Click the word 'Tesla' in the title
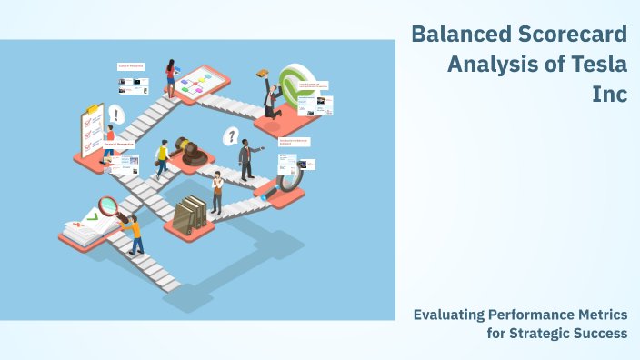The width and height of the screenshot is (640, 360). click(595, 64)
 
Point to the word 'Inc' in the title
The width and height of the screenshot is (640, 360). click(610, 94)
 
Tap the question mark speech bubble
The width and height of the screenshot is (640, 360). click(232, 136)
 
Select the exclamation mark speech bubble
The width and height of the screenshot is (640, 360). click(116, 115)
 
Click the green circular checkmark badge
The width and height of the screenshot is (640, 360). click(294, 85)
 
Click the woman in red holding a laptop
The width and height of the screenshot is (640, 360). click(170, 77)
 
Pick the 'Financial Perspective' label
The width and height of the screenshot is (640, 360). click(119, 144)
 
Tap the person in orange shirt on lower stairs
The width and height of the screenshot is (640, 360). click(135, 235)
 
